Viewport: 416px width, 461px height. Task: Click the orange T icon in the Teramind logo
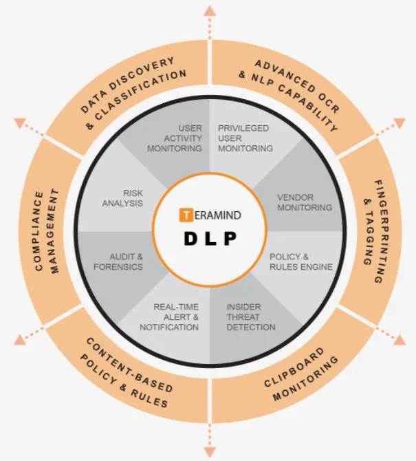coord(186,215)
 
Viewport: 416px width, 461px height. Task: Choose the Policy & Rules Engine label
coord(301,261)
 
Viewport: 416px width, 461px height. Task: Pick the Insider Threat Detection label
coord(244,317)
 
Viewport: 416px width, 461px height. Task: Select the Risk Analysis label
coord(123,198)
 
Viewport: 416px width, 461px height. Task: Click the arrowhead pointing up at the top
coord(209,9)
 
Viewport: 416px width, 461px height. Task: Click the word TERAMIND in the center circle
coord(218,215)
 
